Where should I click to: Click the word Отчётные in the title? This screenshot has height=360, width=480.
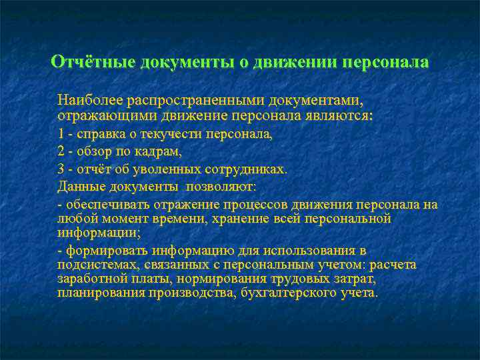tap(92, 62)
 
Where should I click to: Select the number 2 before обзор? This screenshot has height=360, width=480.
tap(61, 151)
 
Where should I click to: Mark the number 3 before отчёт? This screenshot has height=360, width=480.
tap(61, 169)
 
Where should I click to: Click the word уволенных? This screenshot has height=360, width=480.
tap(177, 169)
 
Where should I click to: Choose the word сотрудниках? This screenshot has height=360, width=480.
tap(249, 169)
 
